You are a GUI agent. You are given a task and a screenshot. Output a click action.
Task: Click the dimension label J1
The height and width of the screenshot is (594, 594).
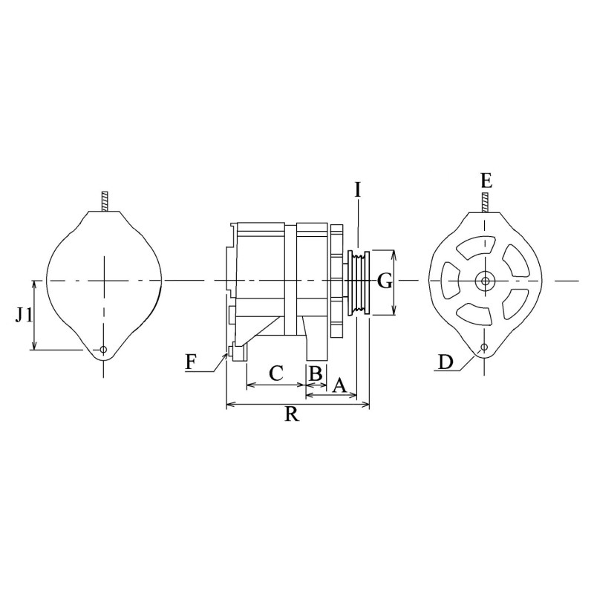(x=25, y=315)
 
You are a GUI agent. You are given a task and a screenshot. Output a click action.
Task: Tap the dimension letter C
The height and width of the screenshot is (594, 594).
(x=275, y=373)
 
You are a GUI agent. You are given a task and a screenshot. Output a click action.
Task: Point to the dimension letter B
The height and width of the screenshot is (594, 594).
(x=316, y=373)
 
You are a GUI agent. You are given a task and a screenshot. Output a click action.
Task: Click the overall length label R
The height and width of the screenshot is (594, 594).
(x=292, y=415)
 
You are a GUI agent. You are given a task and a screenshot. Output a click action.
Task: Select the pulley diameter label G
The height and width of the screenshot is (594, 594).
(x=384, y=281)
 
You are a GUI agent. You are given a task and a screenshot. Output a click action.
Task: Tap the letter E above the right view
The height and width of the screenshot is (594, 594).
(x=486, y=180)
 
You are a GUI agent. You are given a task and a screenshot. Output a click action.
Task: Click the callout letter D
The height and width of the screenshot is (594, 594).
(x=446, y=362)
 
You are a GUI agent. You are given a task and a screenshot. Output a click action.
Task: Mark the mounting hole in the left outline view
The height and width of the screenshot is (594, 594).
(x=104, y=349)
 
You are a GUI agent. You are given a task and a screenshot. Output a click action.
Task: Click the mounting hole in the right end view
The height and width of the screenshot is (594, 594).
(x=484, y=347)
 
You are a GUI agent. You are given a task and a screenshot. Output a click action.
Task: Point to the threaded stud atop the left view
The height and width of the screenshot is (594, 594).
(x=105, y=201)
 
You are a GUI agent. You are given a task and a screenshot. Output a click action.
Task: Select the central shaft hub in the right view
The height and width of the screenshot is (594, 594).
(x=485, y=281)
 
